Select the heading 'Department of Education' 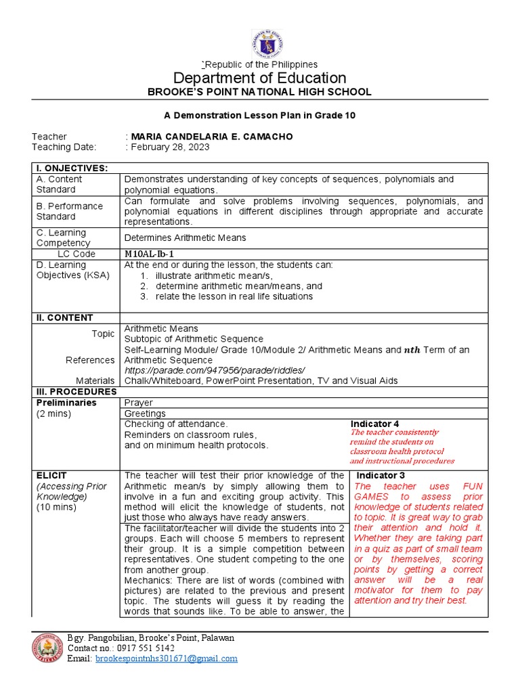click(260, 77)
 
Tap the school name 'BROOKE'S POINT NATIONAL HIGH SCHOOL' click(260, 92)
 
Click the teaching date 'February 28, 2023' click(170, 147)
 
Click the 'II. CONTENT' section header click(65, 317)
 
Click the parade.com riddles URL click(215, 370)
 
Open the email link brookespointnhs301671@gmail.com click(167, 658)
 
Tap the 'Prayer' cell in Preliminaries click(139, 403)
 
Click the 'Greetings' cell click(145, 413)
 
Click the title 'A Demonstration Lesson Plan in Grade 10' click(260, 116)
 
